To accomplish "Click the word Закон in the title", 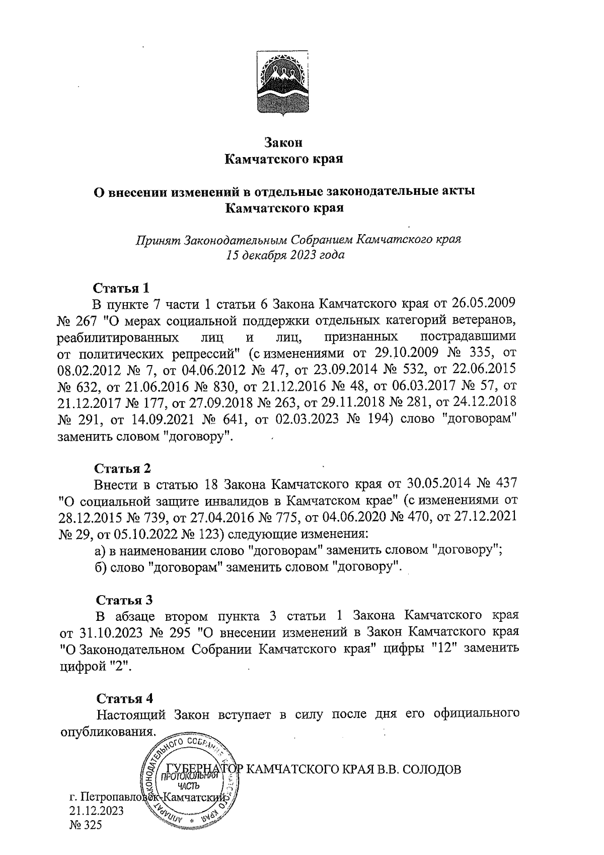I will click(x=283, y=142).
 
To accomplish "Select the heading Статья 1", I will click(x=121, y=288).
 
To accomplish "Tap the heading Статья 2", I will click(x=123, y=468).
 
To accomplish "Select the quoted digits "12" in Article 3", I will click(x=441, y=648).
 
